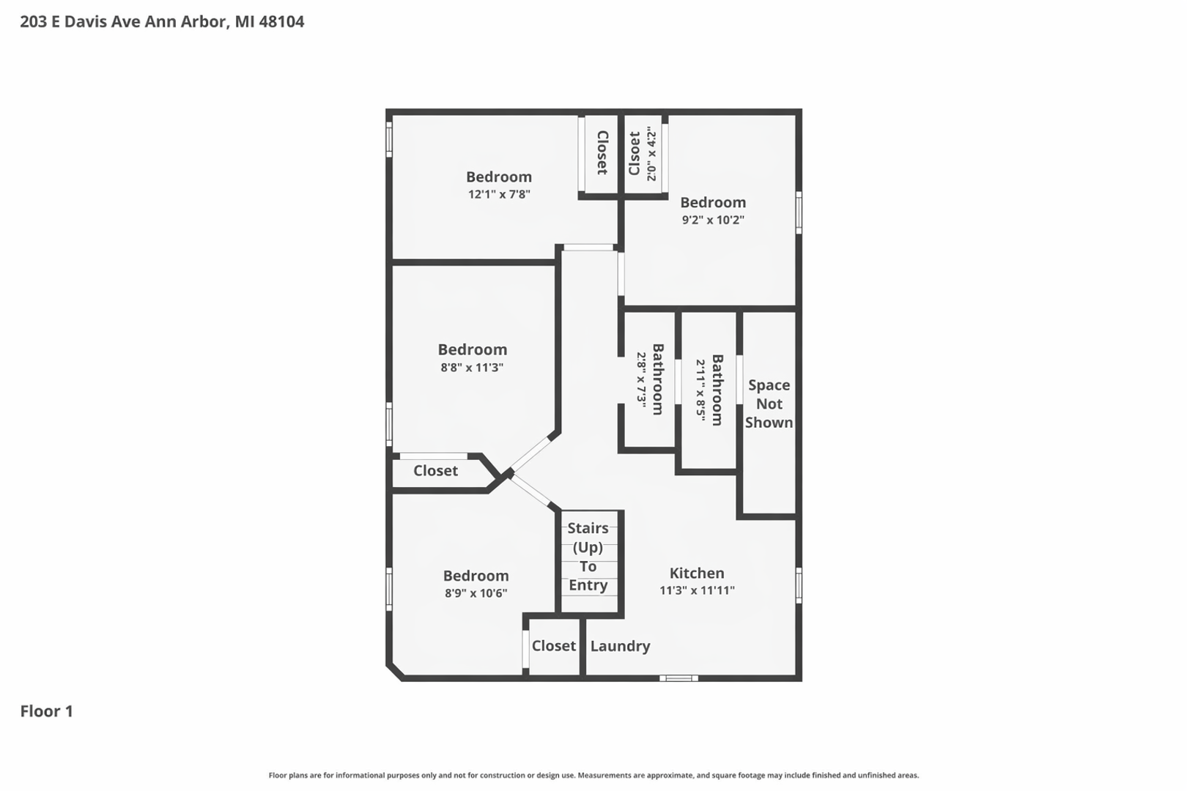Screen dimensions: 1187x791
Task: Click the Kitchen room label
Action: coord(697,573)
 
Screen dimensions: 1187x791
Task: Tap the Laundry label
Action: coord(620,647)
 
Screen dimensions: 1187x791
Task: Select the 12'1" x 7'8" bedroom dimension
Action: coord(499,194)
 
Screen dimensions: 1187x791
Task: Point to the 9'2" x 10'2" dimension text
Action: coord(713,219)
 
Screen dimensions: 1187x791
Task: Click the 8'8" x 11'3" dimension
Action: coord(472,367)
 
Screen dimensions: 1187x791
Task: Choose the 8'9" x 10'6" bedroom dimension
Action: coord(476,593)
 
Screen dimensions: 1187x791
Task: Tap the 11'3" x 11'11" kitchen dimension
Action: coord(697,590)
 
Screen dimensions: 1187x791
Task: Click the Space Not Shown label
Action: coord(769,404)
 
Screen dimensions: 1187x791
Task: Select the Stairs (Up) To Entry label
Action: coord(588,557)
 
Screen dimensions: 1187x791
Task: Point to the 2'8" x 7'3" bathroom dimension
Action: coord(642,379)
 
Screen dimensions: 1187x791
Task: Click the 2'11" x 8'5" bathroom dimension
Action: coord(701,390)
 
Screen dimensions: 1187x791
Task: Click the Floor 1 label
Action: coord(47,711)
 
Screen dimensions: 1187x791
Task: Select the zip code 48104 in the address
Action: coord(281,22)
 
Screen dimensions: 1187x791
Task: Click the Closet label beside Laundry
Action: coord(554,646)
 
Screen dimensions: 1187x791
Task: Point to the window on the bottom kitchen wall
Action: coord(678,678)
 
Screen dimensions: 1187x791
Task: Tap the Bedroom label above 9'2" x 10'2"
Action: coord(713,202)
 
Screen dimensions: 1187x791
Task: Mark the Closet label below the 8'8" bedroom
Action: coord(435,470)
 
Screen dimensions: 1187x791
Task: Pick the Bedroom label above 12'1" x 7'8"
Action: coord(499,177)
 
